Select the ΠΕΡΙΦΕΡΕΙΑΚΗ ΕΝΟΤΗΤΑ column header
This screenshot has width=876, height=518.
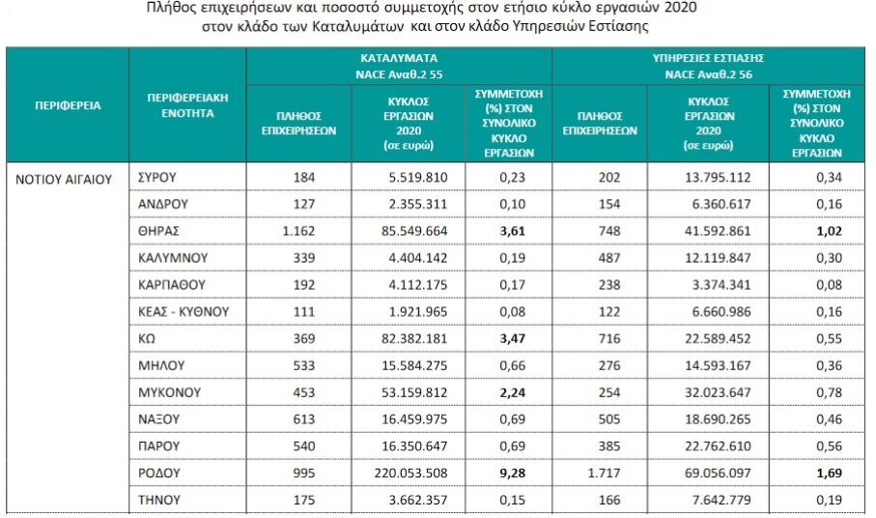pyautogui.click(x=187, y=105)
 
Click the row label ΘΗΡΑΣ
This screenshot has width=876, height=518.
pyautogui.click(x=159, y=233)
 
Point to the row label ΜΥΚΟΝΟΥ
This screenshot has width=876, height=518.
pyautogui.click(x=170, y=393)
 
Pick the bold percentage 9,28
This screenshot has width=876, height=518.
pyautogui.click(x=502, y=473)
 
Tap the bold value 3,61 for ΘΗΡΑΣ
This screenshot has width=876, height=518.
pyautogui.click(x=502, y=233)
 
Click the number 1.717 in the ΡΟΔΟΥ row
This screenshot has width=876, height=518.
pyautogui.click(x=600, y=473)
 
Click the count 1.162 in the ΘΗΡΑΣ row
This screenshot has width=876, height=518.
pyautogui.click(x=298, y=233)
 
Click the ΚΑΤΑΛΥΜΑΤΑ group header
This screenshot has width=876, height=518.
pyautogui.click(x=399, y=58)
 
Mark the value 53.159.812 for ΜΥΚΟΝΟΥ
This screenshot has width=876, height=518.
pyautogui.click(x=407, y=393)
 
